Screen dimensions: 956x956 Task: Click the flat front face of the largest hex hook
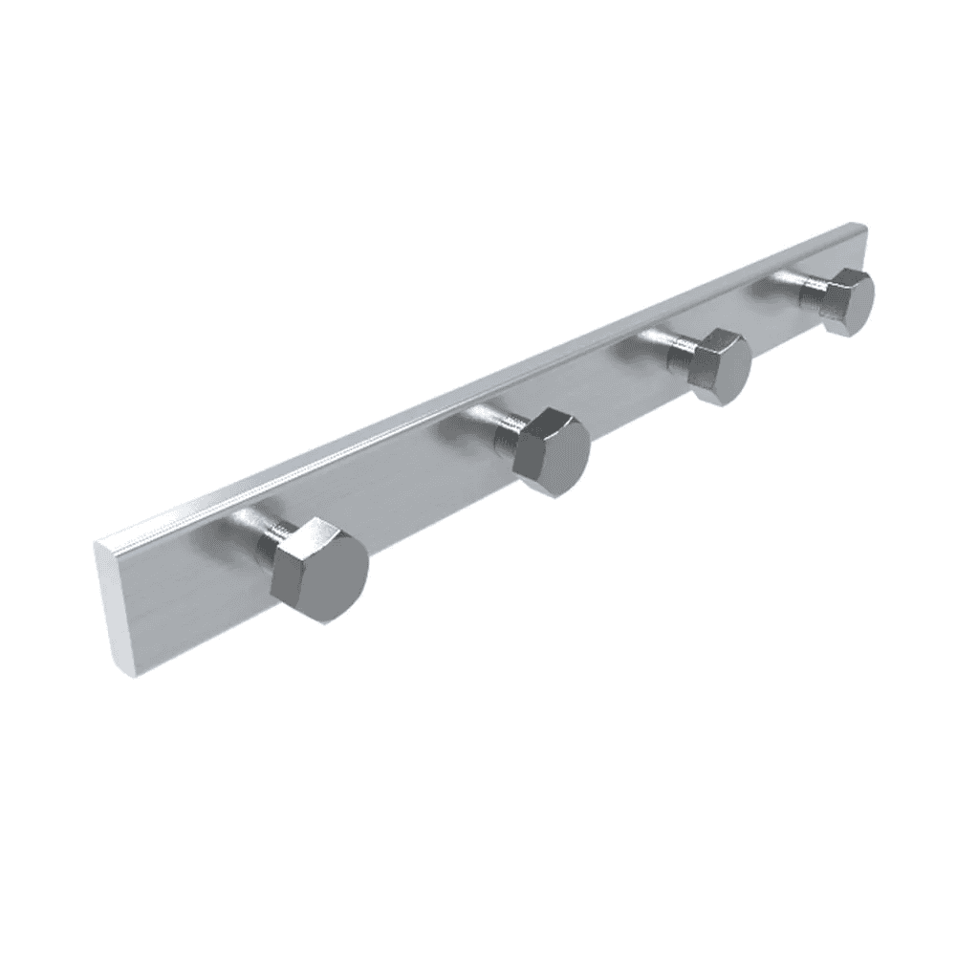click(331, 575)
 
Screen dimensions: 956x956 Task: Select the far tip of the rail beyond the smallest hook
click(860, 239)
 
